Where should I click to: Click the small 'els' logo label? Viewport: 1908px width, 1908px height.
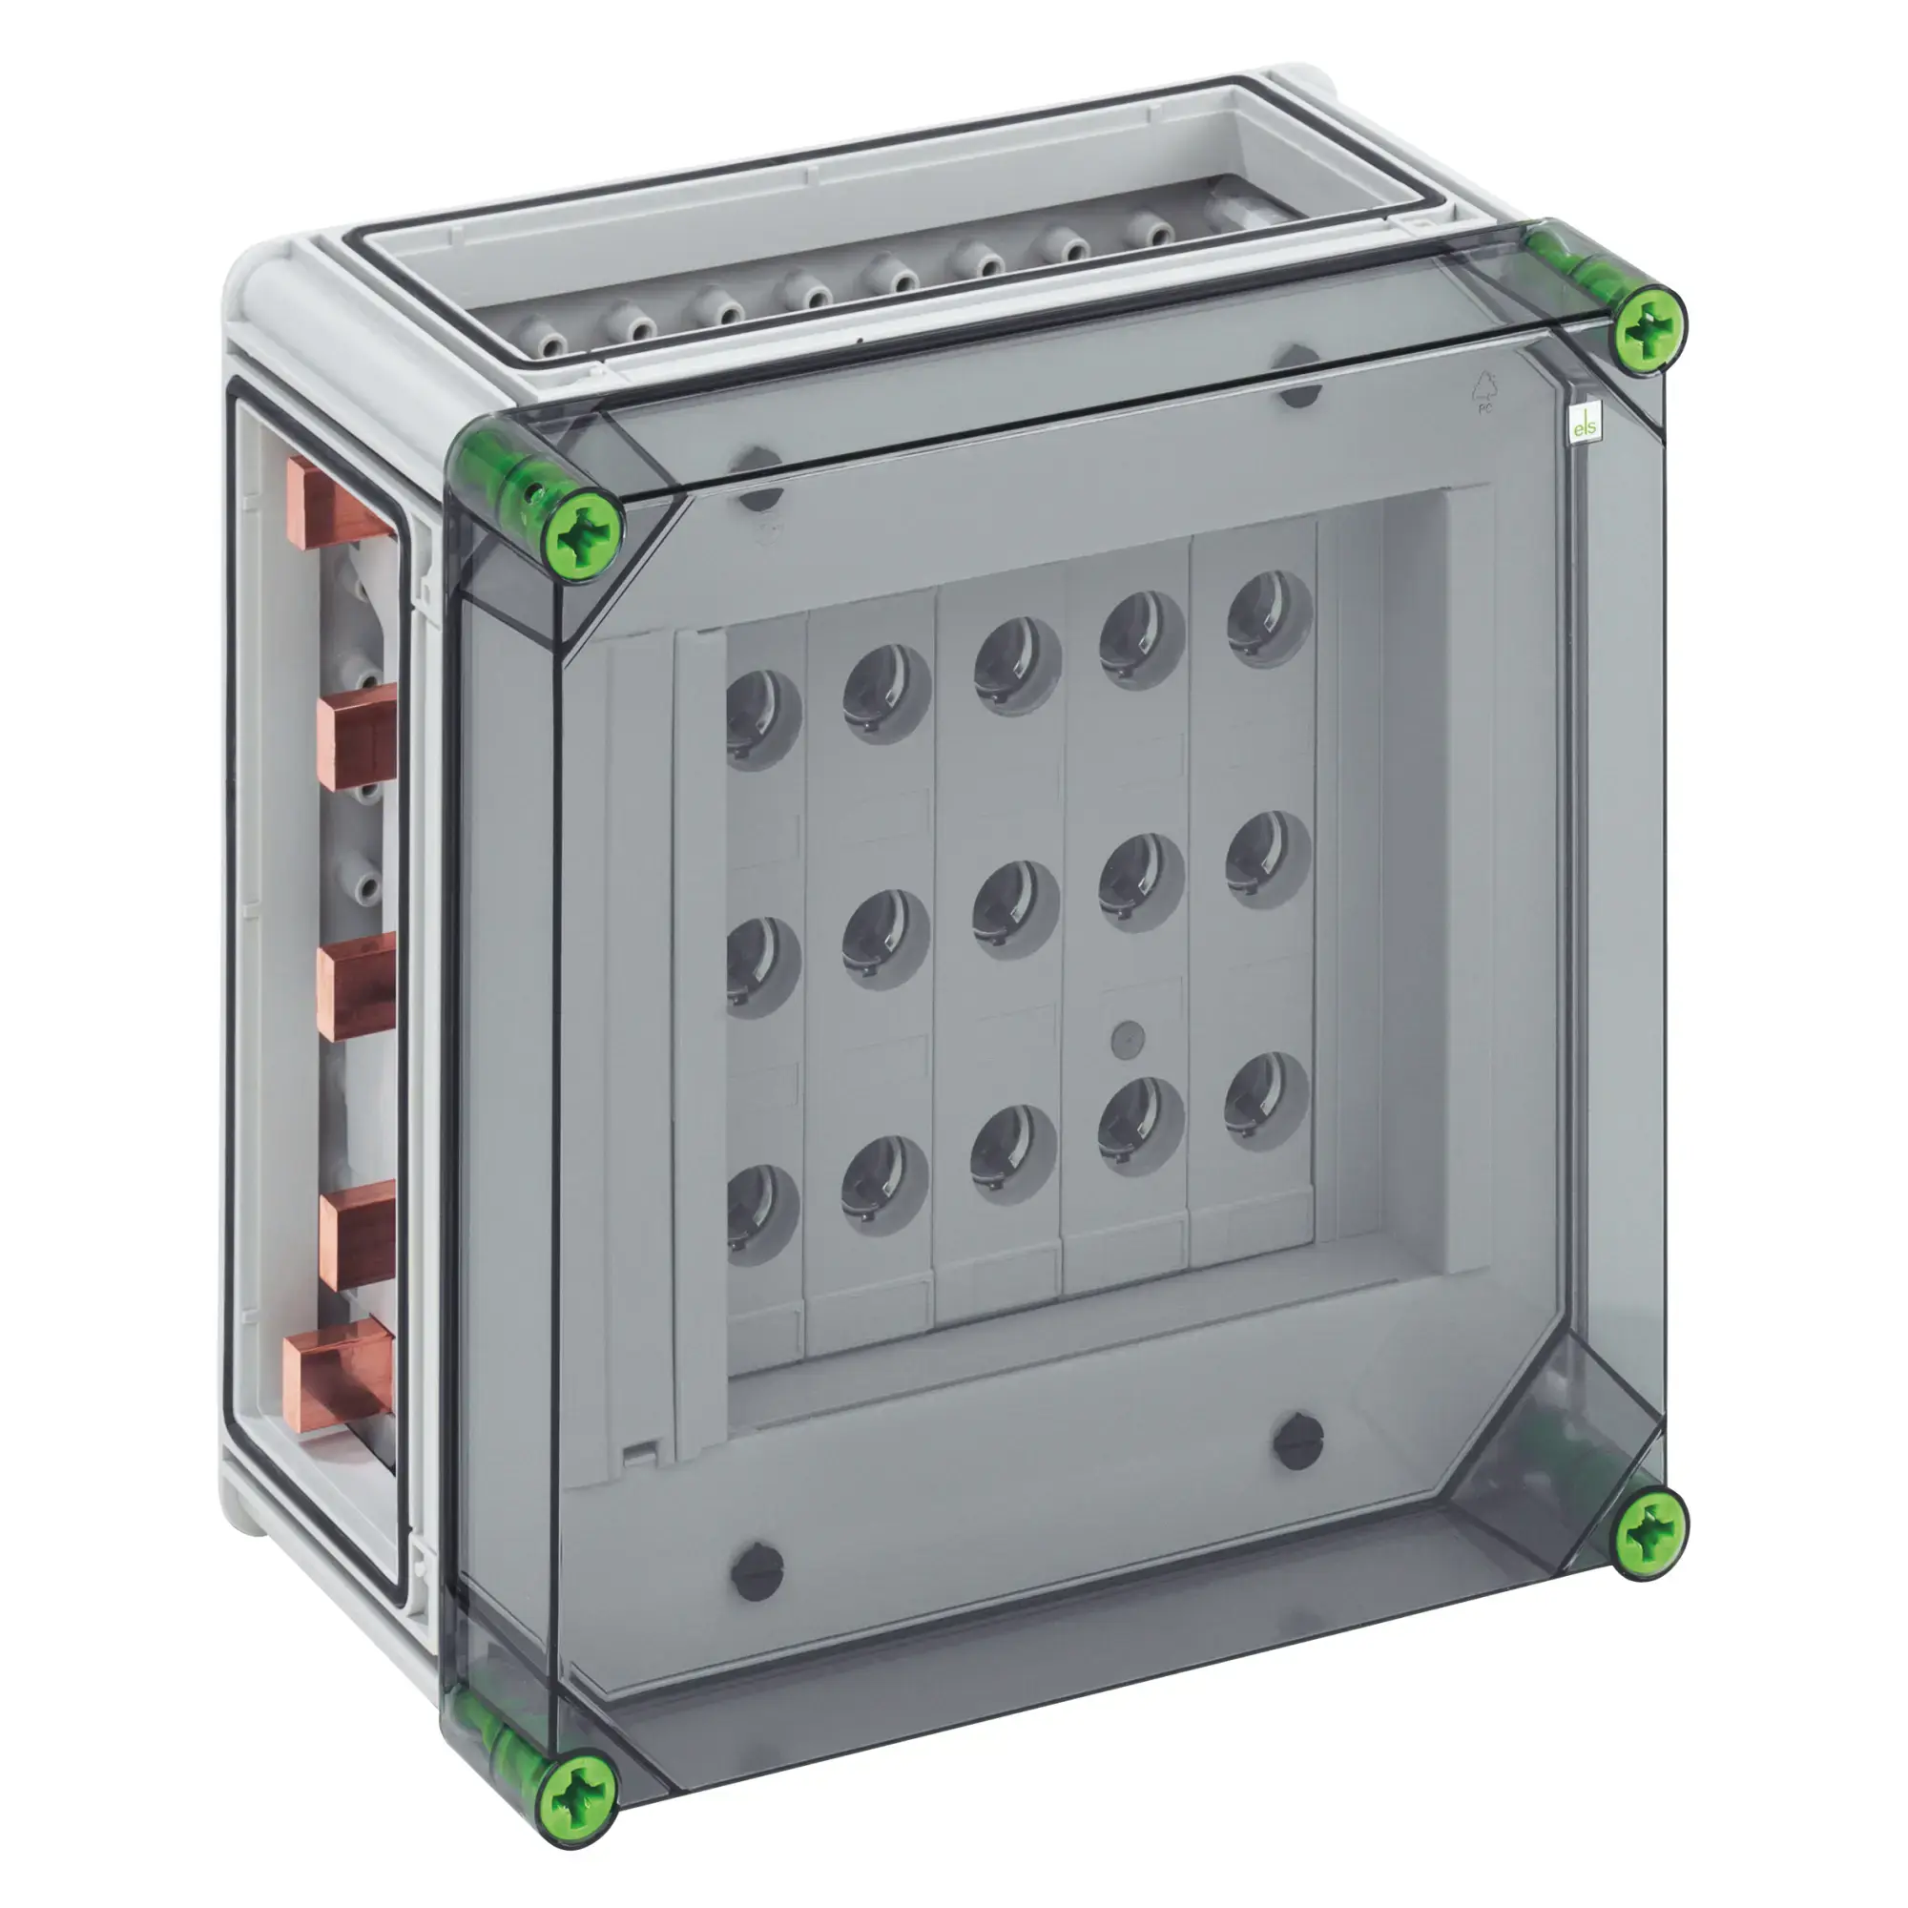coord(1585,426)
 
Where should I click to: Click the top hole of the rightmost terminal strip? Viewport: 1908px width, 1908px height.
coord(1271,619)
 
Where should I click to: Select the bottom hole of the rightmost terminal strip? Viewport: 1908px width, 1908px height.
coord(1268,1101)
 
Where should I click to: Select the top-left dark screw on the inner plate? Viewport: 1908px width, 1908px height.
coord(758,479)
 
